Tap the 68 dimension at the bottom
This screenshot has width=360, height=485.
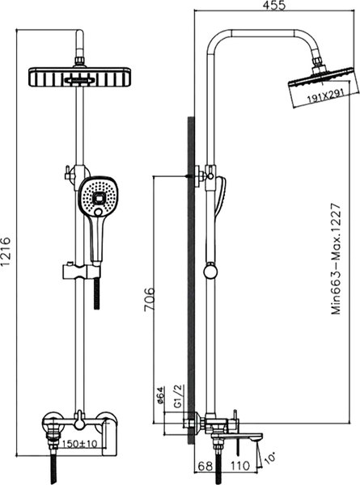click(x=205, y=466)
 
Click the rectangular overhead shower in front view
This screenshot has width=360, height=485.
click(x=81, y=78)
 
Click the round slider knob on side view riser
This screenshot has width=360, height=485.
click(x=214, y=272)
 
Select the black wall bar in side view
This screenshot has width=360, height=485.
click(x=191, y=275)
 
